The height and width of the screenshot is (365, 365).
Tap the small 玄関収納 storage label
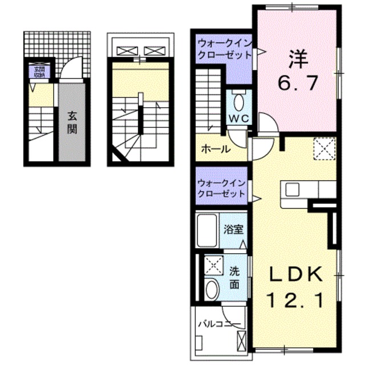(x=37, y=72)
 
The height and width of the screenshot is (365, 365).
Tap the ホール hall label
(x=216, y=149)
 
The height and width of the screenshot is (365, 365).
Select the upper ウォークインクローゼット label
(x=224, y=50)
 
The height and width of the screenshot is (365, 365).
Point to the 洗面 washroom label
(x=235, y=277)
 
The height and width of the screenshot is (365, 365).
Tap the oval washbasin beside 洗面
(x=212, y=289)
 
